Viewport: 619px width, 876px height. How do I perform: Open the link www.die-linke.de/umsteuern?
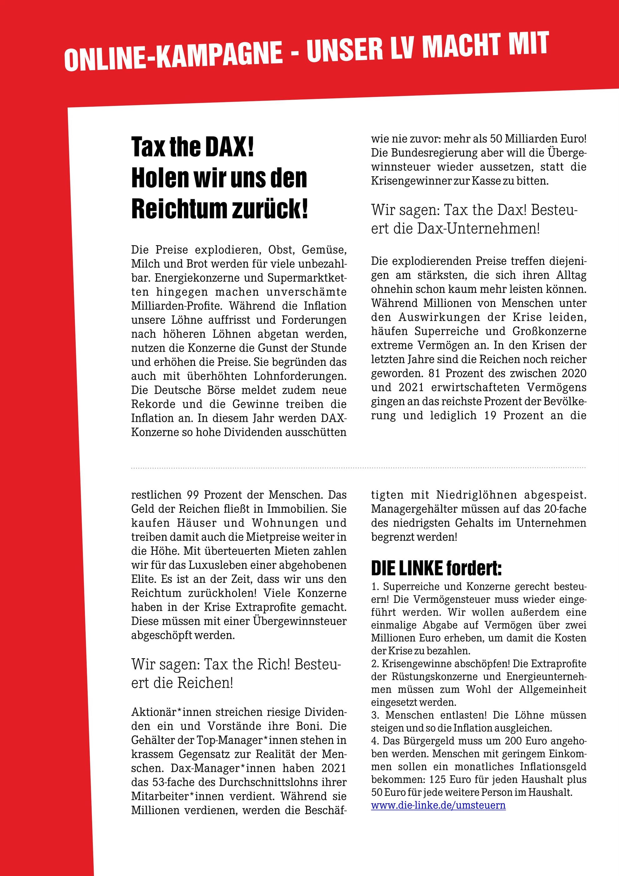pos(438,805)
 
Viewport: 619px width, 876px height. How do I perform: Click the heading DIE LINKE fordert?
pos(436,569)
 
